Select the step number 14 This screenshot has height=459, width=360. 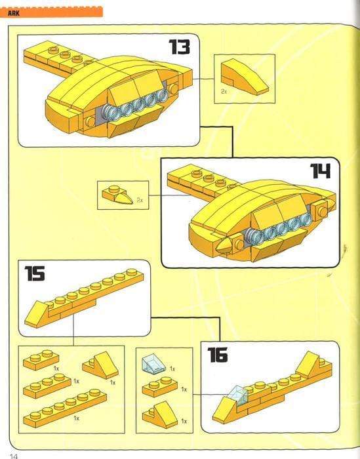pos(320,172)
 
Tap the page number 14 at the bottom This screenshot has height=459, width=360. pos(13,454)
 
